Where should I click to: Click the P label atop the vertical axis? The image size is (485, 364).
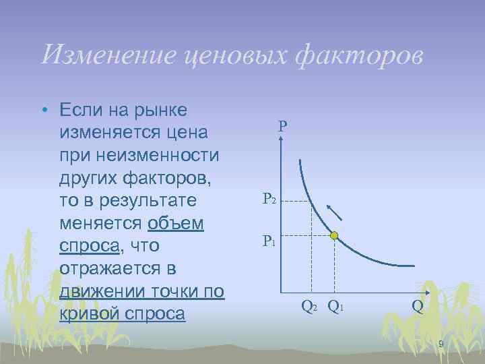[282, 126]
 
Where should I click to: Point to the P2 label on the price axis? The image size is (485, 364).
[269, 200]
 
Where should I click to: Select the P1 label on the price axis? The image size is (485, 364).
[269, 241]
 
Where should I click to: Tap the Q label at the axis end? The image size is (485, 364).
[418, 308]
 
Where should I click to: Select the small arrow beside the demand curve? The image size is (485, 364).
[334, 212]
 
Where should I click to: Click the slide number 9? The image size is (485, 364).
[441, 345]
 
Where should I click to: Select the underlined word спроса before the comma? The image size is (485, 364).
[89, 246]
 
